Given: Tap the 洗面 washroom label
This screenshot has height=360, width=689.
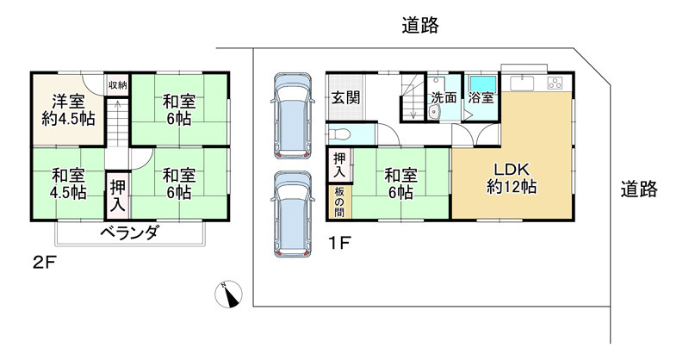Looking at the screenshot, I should coord(444,97).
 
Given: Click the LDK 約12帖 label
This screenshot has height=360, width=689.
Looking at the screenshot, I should coord(512,177).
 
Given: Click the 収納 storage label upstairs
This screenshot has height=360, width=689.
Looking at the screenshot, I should coord(117,84).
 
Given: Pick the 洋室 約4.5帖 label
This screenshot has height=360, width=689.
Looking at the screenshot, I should coord(66,109).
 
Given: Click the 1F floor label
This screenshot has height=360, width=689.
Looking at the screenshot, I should coord(338,242).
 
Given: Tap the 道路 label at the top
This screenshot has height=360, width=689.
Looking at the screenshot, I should coord(421,26).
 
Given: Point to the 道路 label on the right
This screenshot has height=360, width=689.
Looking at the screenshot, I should coord(638,189).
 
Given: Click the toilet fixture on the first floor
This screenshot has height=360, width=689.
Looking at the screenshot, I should coord(340,134).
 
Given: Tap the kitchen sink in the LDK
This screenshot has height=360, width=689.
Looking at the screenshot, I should coord(524,84).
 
